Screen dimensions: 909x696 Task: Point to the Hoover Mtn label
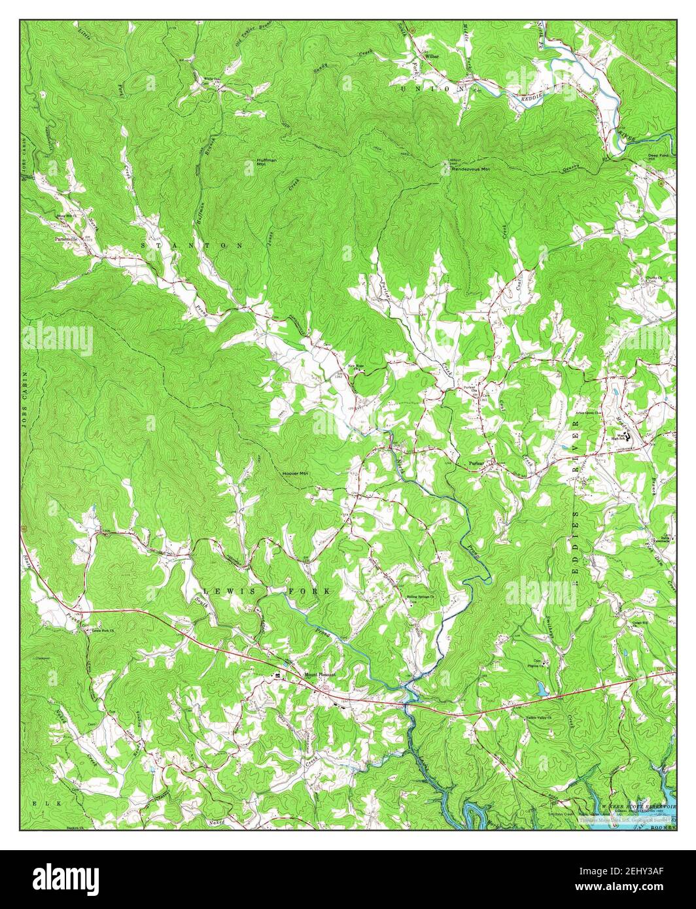(294, 473)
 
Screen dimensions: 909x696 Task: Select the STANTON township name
(191, 245)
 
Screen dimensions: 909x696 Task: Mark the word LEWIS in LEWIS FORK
(227, 591)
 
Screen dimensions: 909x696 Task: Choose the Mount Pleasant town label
(319, 674)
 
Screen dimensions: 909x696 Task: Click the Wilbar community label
(432, 57)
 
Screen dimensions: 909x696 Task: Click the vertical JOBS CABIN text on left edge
(24, 399)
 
